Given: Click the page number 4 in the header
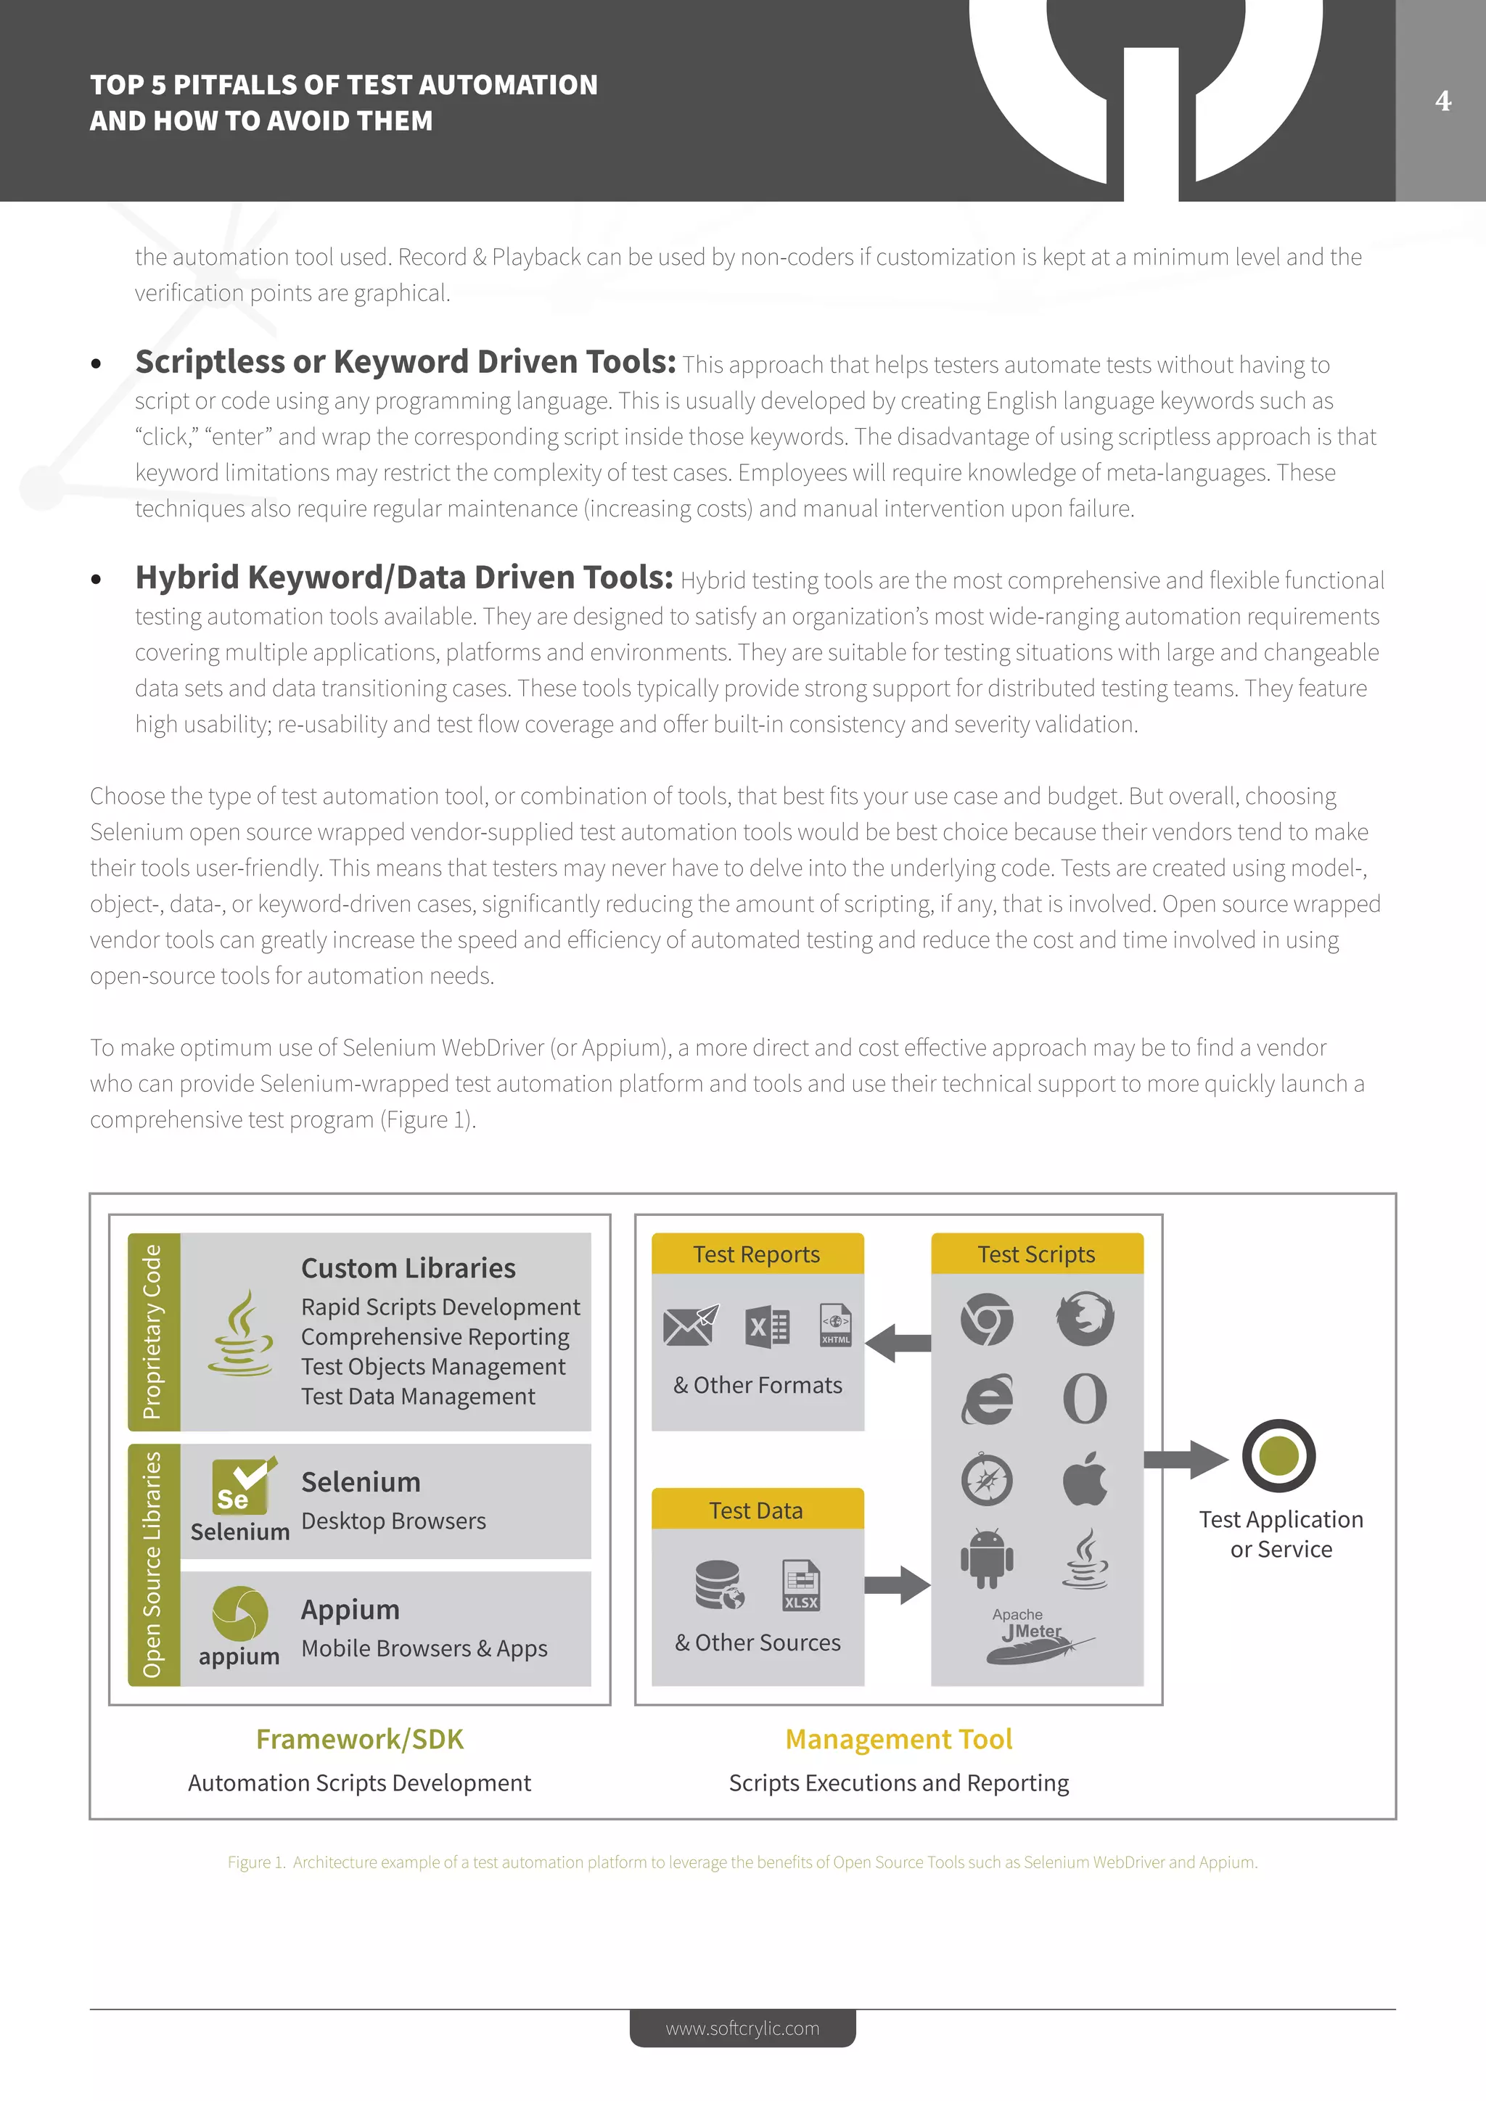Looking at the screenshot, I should click(1443, 101).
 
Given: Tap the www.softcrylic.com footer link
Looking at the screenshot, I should click(742, 2028).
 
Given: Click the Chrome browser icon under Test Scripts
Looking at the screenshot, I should click(986, 1320).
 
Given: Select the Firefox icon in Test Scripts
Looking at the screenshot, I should click(1085, 1320).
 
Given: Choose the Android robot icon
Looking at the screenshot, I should click(986, 1558).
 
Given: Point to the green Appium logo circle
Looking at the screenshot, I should click(239, 1613).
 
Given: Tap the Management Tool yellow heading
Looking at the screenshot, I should click(898, 1739).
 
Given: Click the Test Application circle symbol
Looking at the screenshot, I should click(1278, 1456).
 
